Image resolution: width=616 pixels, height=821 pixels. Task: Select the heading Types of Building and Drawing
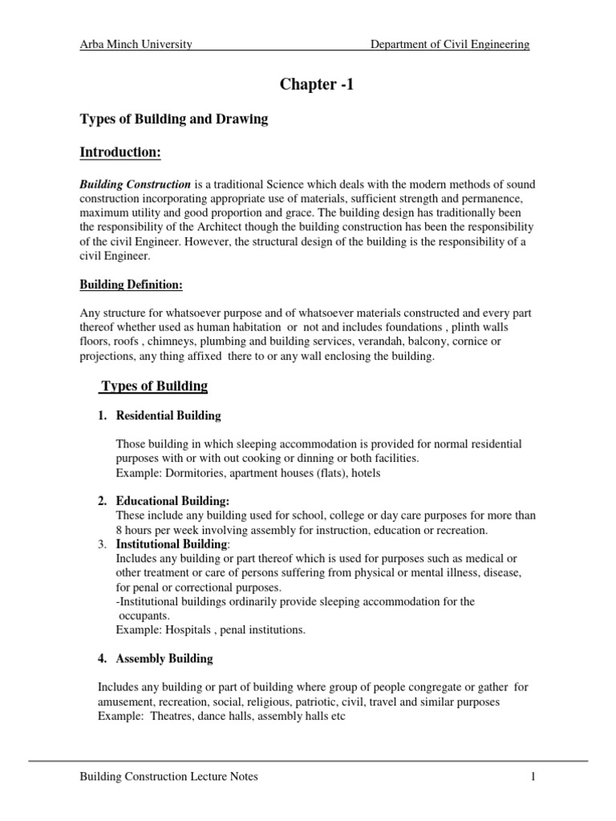click(x=172, y=119)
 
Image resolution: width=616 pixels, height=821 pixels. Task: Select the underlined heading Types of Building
click(x=153, y=386)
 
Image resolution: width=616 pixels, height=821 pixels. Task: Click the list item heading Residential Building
click(x=168, y=415)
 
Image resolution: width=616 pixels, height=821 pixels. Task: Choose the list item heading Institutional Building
click(x=172, y=544)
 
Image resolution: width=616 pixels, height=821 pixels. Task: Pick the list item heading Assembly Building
click(x=164, y=658)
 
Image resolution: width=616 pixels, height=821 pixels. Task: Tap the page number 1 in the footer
click(x=532, y=777)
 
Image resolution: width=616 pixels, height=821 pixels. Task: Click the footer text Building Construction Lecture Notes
click(x=168, y=777)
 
